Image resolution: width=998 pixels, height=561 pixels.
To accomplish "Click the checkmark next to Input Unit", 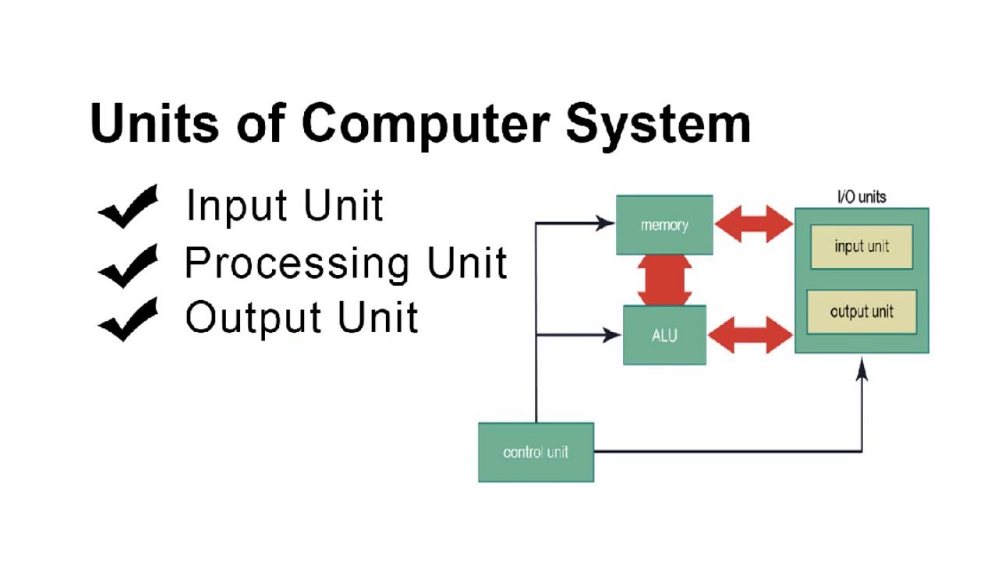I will pos(128,207).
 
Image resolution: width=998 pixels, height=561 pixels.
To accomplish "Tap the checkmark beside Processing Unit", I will pos(128,265).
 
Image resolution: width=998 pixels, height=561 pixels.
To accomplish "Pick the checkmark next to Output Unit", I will pos(128,319).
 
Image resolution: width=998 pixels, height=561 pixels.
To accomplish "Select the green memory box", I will pos(664,225).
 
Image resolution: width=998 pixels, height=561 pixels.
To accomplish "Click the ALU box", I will pos(664,335).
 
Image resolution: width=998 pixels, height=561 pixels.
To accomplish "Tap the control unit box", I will pos(536,452).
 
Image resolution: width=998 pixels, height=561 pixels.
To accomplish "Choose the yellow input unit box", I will pos(862,247).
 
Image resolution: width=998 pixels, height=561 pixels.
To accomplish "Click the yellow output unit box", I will pos(862,312).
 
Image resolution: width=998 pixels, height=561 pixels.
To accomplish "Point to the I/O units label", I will pos(861,197).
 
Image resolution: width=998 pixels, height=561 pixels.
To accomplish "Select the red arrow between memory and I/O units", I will pos(753,224).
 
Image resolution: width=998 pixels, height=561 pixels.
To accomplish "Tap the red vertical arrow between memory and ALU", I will pos(664,280).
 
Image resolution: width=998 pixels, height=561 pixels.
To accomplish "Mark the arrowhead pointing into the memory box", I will pos(606,224).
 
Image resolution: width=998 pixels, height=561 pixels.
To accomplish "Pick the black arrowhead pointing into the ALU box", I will pos(612,335).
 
